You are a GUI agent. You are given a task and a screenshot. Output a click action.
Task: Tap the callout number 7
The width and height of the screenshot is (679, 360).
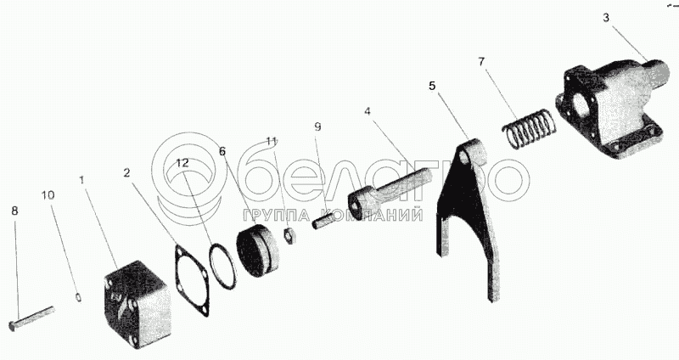pos(481,61)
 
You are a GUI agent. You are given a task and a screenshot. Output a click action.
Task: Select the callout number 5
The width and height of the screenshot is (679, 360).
pos(432,86)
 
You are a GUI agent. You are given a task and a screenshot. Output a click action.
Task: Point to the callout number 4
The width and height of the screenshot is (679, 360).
pos(368,110)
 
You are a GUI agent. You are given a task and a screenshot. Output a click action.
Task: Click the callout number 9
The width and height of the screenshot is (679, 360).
pos(317,127)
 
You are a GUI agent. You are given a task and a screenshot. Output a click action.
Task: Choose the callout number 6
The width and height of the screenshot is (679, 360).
pos(222,150)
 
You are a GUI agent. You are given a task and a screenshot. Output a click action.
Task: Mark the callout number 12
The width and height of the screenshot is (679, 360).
pos(183,162)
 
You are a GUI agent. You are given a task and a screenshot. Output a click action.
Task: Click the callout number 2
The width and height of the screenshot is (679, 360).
pos(126,172)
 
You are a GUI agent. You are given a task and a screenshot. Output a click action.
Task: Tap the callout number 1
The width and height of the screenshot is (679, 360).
pos(81,180)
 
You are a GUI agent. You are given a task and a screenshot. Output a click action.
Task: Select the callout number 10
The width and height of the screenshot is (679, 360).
pos(48,195)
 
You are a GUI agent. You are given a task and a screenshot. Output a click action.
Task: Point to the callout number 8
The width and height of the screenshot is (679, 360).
pos(14,209)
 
